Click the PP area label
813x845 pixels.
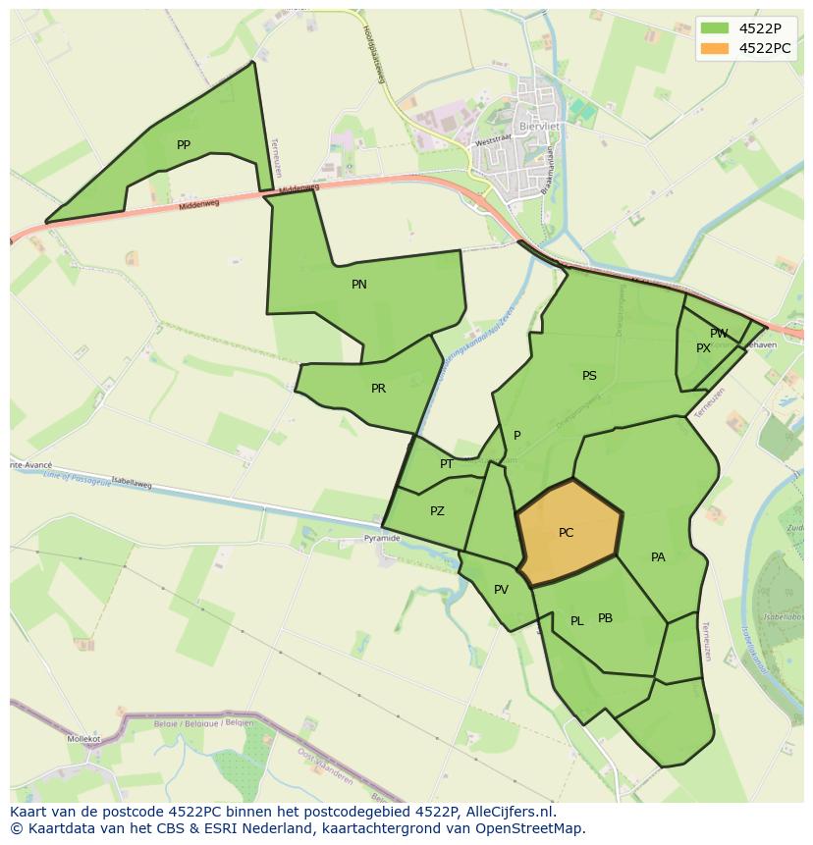click(x=184, y=145)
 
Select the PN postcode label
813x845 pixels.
click(x=359, y=285)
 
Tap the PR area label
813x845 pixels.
click(x=378, y=389)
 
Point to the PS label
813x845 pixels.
click(x=589, y=376)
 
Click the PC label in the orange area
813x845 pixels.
click(x=566, y=533)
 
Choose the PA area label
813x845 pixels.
click(x=658, y=557)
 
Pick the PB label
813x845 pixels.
click(x=605, y=618)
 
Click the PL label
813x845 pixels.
click(x=577, y=621)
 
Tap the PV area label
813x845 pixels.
click(x=501, y=590)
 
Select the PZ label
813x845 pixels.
click(x=437, y=511)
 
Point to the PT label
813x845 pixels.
click(x=447, y=464)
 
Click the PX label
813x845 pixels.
click(x=703, y=348)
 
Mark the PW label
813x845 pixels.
click(x=720, y=334)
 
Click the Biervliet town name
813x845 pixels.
click(x=536, y=127)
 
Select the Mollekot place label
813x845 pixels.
click(x=84, y=738)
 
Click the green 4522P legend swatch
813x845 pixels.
click(x=714, y=27)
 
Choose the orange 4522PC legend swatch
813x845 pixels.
click(x=714, y=47)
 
